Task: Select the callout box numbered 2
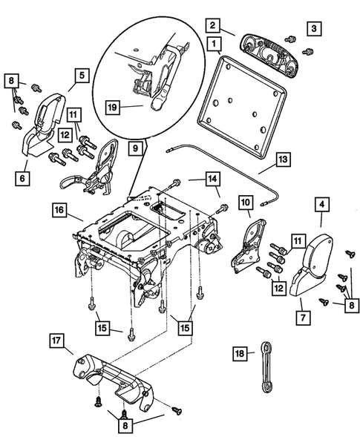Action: coord(212,25)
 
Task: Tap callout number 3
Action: coord(314,28)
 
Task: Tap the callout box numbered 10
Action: coord(246,201)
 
